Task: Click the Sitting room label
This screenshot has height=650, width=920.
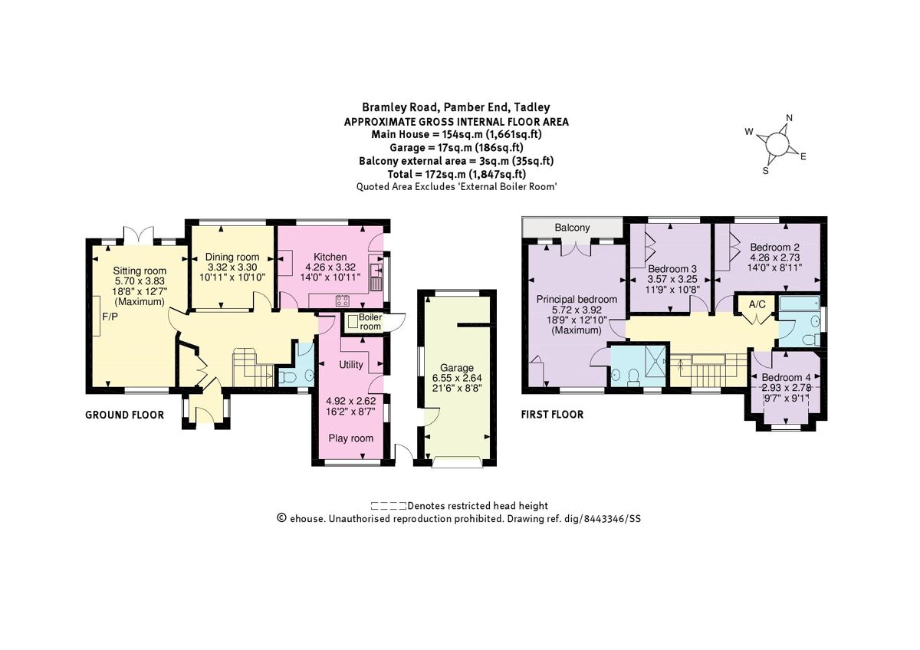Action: (140, 271)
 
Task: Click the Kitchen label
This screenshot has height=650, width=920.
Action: (330, 257)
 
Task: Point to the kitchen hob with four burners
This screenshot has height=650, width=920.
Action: (342, 300)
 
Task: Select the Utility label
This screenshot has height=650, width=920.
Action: (350, 365)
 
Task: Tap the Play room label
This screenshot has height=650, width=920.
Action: (350, 438)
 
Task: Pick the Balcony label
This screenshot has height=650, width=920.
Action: (571, 228)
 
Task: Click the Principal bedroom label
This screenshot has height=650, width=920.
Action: (576, 299)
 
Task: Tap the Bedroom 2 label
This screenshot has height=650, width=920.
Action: (774, 248)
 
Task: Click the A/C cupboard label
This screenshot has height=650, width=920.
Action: (757, 304)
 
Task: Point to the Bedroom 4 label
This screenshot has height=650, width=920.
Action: (785, 378)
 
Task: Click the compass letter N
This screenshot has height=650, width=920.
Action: (789, 119)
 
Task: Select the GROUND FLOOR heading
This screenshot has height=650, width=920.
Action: (123, 415)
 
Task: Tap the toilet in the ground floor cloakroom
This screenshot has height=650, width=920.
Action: (286, 376)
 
